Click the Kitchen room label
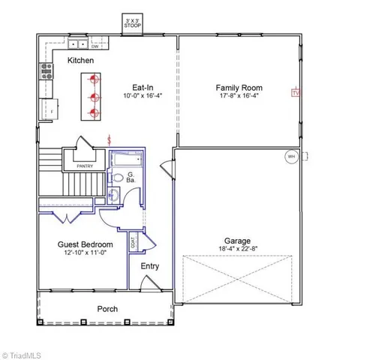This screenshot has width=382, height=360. [x=82, y=59]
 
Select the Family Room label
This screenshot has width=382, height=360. [x=239, y=87]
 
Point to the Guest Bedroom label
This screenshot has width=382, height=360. [x=86, y=244]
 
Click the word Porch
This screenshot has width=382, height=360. [x=107, y=309]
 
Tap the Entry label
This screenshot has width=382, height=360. [x=150, y=266]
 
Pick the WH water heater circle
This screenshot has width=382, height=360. [x=290, y=157]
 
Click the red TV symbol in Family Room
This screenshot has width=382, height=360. [x=295, y=93]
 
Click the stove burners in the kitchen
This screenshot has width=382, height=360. [x=46, y=70]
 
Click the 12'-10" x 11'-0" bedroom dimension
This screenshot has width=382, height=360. [x=86, y=253]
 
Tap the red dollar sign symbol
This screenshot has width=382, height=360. [x=111, y=139]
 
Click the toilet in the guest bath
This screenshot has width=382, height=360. [x=117, y=178]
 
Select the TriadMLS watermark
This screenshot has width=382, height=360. [x=26, y=352]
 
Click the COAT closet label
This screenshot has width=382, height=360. [x=134, y=243]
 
